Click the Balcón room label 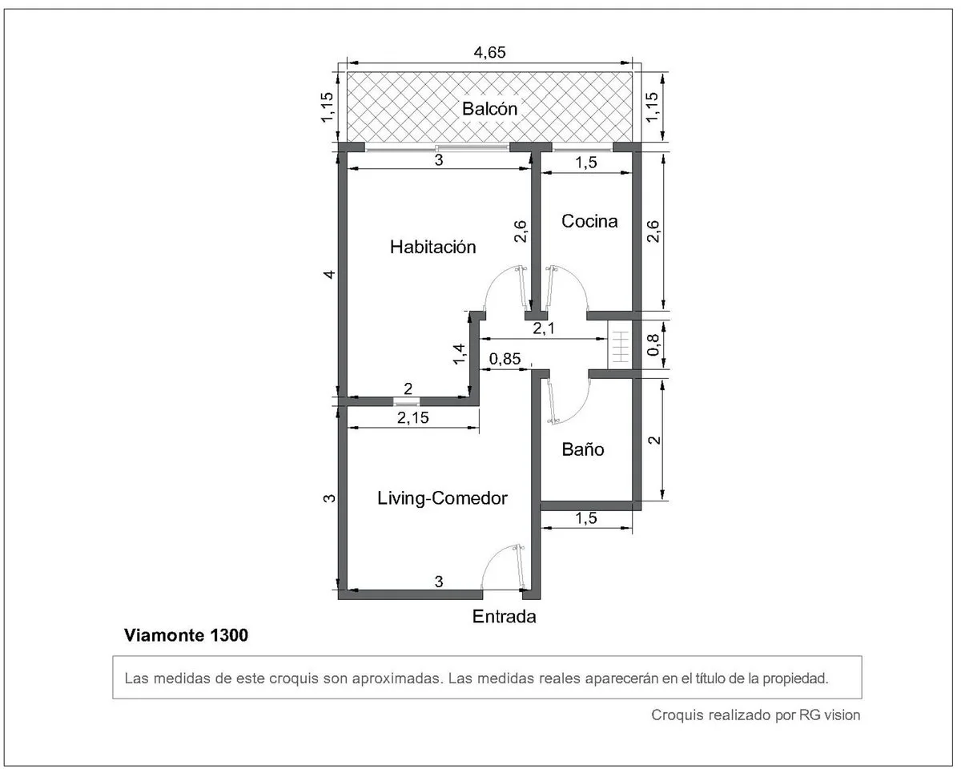pos(489,109)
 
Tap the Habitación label pos(432,247)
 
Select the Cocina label pos(589,221)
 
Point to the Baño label pos(583,449)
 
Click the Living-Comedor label pos(442,498)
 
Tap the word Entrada pos(505,617)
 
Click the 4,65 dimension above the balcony pos(489,53)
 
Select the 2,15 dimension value pos(412,418)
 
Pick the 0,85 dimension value pos(505,358)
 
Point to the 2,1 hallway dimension pos(544,328)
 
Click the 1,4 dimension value pos(460,354)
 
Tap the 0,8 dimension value pos(653,344)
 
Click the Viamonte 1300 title pos(186,635)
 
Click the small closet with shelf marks pos(620,344)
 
